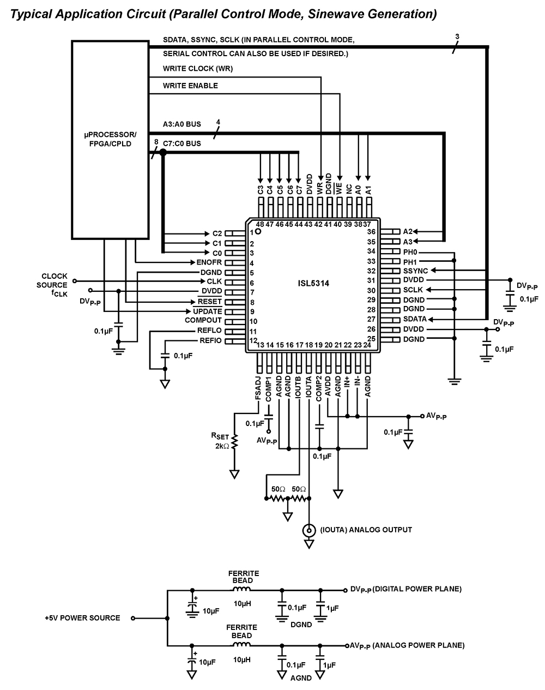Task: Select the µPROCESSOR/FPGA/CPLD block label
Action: pyautogui.click(x=111, y=139)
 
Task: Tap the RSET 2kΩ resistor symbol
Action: pyautogui.click(x=234, y=442)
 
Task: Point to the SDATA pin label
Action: pyautogui.click(x=414, y=319)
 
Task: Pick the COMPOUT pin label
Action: pyautogui.click(x=203, y=320)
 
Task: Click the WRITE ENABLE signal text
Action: pyautogui.click(x=190, y=86)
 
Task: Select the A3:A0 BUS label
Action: pyautogui.click(x=181, y=124)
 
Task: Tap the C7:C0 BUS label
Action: pyautogui.click(x=181, y=143)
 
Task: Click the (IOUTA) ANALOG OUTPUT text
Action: pyautogui.click(x=366, y=530)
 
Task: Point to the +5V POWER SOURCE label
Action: pyautogui.click(x=82, y=618)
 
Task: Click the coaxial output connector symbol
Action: pyautogui.click(x=309, y=530)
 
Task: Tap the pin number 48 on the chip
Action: pyautogui.click(x=259, y=224)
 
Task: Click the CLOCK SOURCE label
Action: pyautogui.click(x=54, y=280)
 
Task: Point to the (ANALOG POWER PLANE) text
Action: pyautogui.click(x=419, y=645)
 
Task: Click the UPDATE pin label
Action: pyautogui.click(x=208, y=311)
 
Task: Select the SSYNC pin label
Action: pyautogui.click(x=415, y=271)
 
